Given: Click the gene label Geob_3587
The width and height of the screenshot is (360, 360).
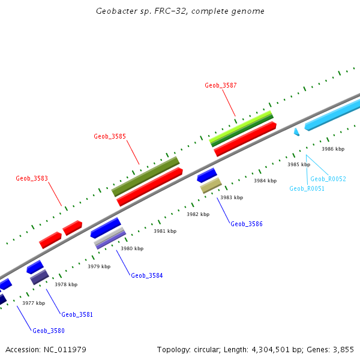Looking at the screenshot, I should (x=220, y=85).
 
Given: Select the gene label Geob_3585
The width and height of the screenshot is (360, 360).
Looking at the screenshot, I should (x=110, y=136).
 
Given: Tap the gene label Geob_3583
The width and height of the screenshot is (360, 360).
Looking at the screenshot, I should (x=32, y=178).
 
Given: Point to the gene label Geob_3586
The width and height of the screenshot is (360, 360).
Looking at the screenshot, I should (x=247, y=224).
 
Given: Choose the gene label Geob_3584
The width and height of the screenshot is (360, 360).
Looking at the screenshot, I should (x=147, y=275).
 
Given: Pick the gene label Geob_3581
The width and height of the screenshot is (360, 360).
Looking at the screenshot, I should (x=77, y=314).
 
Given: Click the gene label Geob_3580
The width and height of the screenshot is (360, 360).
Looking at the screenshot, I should (x=49, y=331).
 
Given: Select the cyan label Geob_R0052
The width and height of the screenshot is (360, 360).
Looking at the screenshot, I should (x=328, y=179).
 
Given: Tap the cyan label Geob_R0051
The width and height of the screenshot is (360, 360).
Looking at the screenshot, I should (x=307, y=188).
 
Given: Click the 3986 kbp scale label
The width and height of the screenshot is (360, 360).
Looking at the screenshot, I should (x=333, y=149).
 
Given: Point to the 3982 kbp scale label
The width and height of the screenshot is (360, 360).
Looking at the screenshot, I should (x=198, y=214).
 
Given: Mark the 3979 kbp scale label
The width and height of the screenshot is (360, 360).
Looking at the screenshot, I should (x=99, y=266).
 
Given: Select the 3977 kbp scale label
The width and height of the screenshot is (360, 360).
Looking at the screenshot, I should (x=34, y=303).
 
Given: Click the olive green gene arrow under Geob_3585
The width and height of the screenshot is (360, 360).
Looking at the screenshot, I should (x=146, y=176).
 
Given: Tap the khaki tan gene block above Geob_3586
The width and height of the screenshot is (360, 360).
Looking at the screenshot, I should (x=211, y=185).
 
